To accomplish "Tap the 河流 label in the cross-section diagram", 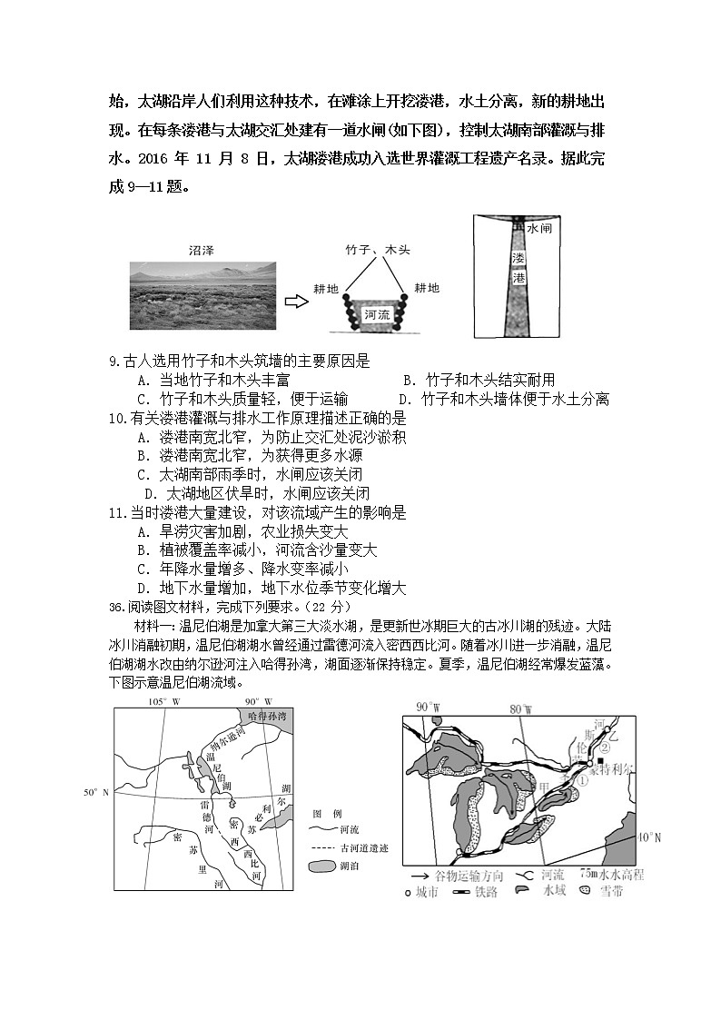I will [376, 314].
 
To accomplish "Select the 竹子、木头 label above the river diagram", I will [378, 248].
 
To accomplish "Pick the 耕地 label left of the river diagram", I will [326, 288].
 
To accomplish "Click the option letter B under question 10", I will [143, 455].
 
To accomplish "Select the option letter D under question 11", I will [143, 588].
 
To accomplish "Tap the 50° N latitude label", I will [95, 793].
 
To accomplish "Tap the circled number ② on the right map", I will [604, 748].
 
